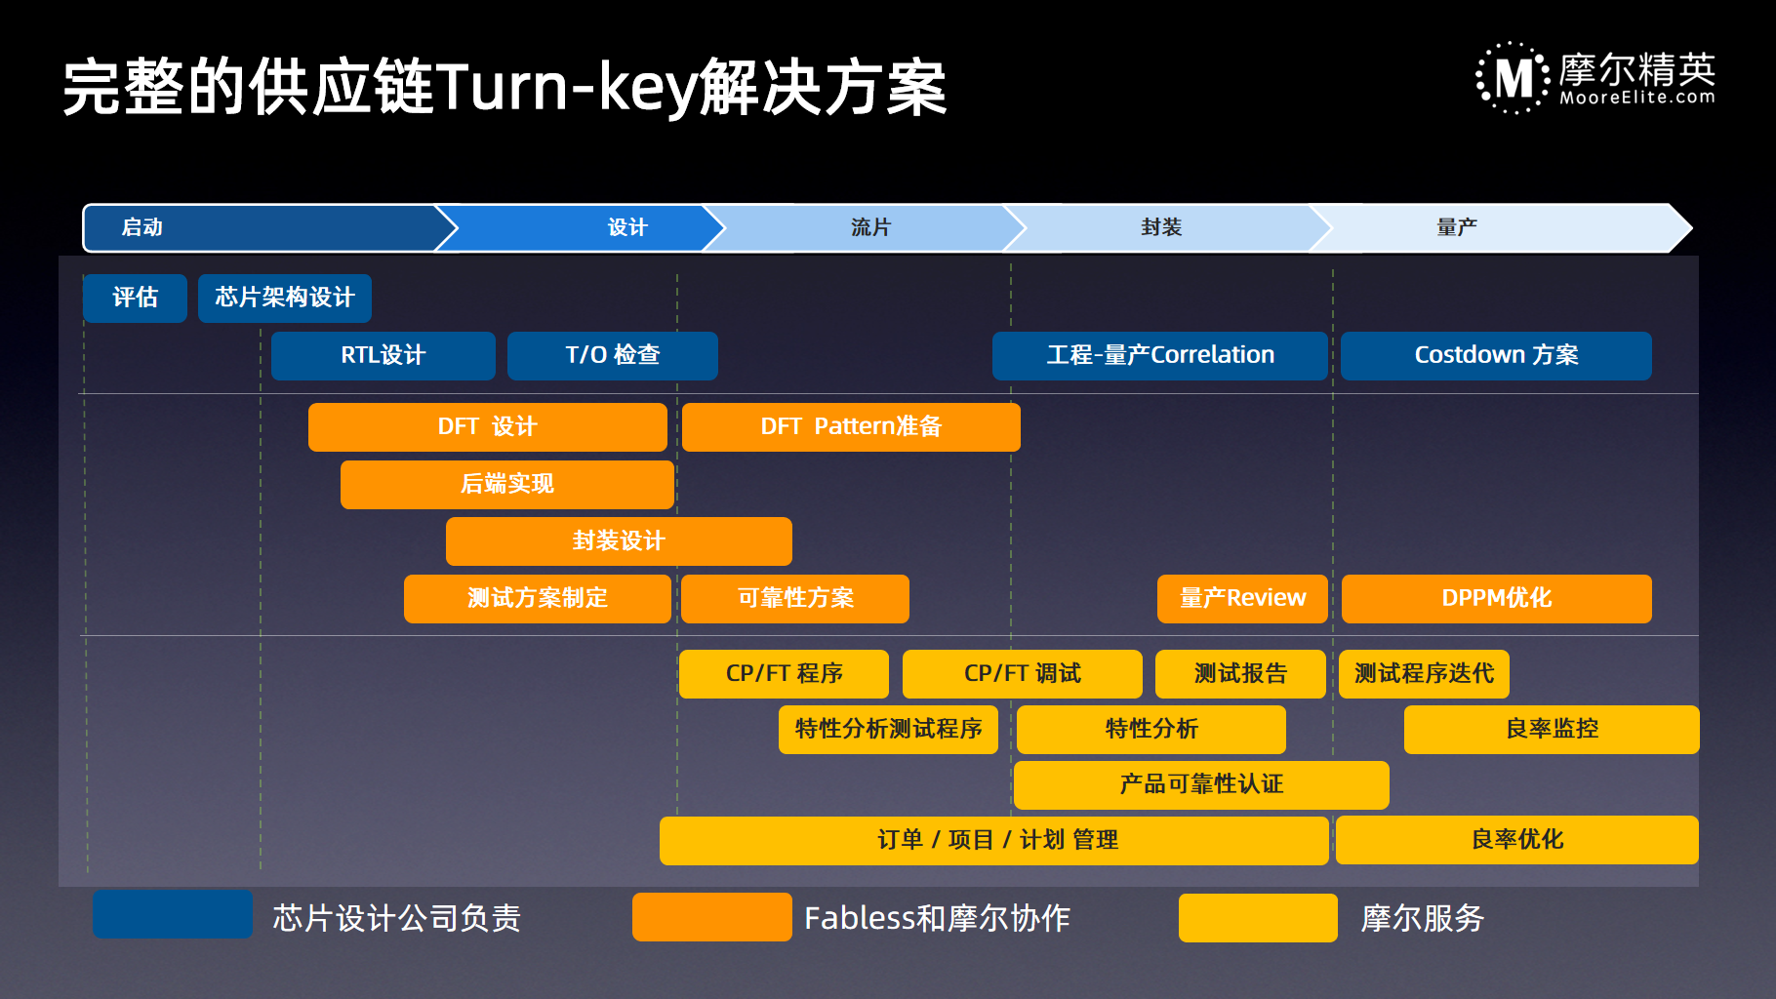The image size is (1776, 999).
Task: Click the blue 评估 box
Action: tap(135, 298)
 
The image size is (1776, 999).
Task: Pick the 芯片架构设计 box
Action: tap(285, 298)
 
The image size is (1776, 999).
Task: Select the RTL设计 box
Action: tap(383, 355)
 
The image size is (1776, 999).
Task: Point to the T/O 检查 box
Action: tap(613, 355)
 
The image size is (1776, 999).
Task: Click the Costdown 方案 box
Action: tap(1496, 355)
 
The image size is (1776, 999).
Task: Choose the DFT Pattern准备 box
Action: tap(851, 427)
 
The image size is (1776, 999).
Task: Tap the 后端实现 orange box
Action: tap(507, 485)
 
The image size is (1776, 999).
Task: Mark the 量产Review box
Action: tap(1242, 598)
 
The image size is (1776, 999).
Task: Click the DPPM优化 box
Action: tap(1497, 598)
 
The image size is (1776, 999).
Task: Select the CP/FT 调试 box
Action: tap(1023, 674)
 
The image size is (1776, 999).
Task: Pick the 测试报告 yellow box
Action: tap(1240, 674)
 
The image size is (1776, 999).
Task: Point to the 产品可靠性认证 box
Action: tap(1201, 785)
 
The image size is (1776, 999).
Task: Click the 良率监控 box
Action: tap(1552, 730)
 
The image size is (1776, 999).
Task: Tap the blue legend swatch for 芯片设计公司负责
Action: tap(173, 914)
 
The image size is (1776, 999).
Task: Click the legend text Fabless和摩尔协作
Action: tap(937, 918)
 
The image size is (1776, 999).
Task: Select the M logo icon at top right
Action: tap(1513, 78)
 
